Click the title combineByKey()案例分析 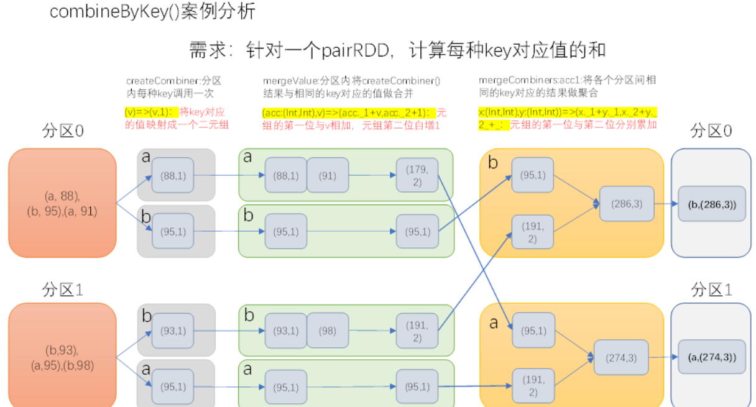(152, 12)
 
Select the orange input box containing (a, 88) (62, 203)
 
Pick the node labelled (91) (328, 176)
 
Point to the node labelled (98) (328, 331)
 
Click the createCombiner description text (173, 86)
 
